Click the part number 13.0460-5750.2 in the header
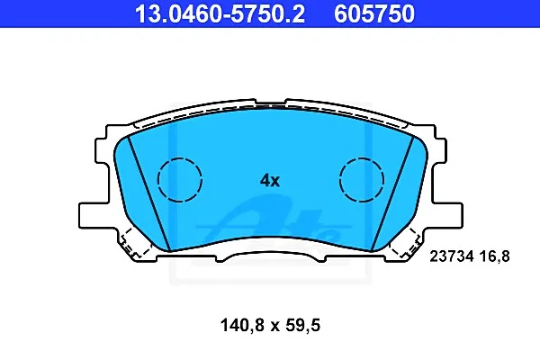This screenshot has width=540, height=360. (220, 13)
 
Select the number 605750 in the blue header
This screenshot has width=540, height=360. (374, 13)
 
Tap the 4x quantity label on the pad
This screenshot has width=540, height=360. (270, 180)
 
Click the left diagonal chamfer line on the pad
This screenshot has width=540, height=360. (148, 193)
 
